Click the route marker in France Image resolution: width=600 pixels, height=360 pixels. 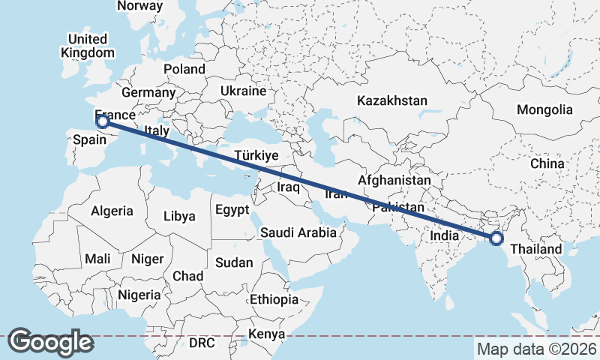click(x=103, y=121)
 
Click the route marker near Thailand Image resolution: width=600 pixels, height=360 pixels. click(x=496, y=238)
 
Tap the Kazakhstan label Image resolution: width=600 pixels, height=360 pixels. click(x=392, y=100)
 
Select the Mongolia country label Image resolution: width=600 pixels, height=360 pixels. click(x=544, y=109)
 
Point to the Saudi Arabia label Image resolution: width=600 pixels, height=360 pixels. click(x=298, y=232)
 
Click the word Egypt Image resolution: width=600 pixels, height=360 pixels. click(x=232, y=210)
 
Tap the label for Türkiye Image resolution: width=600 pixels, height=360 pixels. click(x=256, y=155)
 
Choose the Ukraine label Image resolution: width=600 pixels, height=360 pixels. click(x=243, y=91)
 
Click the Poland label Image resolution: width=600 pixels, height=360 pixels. click(x=184, y=69)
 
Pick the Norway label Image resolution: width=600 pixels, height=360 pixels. click(x=140, y=5)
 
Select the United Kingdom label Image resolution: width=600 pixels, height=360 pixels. click(x=88, y=46)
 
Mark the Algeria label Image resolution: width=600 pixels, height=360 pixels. click(x=112, y=211)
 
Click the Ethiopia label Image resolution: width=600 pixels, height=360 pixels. click(x=274, y=299)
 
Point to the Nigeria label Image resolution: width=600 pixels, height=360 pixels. click(x=139, y=294)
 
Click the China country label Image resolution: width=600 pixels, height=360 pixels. click(x=547, y=163)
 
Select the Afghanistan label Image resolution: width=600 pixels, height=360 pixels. click(x=394, y=181)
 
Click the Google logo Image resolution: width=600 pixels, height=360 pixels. click(x=50, y=342)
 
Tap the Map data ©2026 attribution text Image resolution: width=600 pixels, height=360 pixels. click(x=536, y=349)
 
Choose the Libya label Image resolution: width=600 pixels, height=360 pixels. click(x=179, y=217)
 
